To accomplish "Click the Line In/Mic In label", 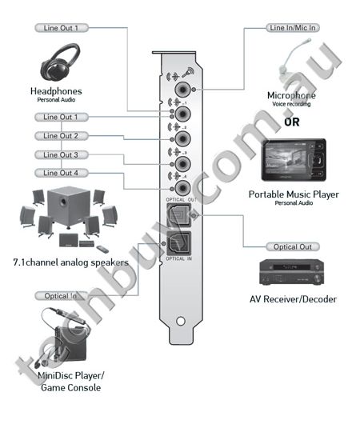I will (x=292, y=27).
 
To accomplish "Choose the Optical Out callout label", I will (x=292, y=247).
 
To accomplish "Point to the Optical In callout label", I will (x=60, y=296).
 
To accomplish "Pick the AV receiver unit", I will (x=293, y=274).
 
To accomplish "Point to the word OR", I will (x=293, y=122).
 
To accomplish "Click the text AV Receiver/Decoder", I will (x=293, y=300).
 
